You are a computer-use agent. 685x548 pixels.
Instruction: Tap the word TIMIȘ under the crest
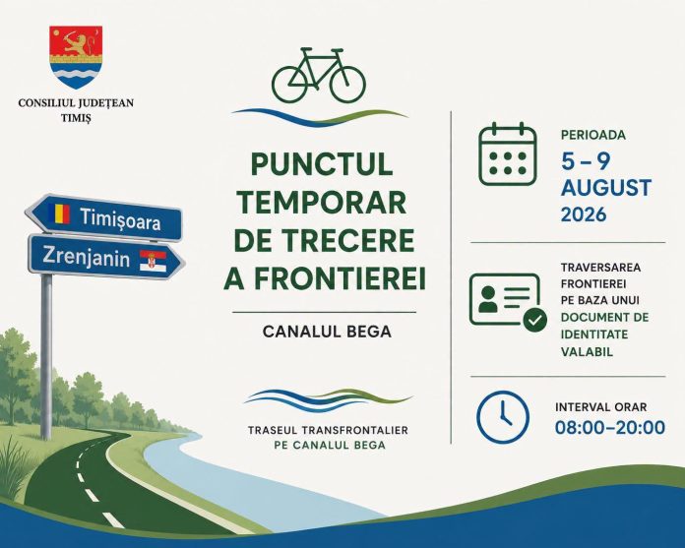tap(76, 118)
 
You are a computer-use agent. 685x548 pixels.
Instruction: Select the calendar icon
tap(508, 154)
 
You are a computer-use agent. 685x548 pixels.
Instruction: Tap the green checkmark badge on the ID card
tap(535, 320)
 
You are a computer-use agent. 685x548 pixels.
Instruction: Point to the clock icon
tap(502, 417)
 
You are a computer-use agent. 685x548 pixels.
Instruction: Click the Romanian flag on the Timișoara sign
tap(58, 213)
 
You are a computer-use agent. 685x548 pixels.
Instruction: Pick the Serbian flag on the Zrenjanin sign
tap(153, 261)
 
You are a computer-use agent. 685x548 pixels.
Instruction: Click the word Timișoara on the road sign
tap(120, 219)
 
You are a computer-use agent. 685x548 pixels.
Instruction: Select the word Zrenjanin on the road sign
tap(86, 256)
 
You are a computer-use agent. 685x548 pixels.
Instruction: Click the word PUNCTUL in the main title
tap(322, 163)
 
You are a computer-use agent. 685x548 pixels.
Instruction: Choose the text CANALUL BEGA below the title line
tap(327, 332)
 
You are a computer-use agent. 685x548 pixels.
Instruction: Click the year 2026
tap(584, 214)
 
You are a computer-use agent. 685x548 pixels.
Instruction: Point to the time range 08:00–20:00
tap(610, 427)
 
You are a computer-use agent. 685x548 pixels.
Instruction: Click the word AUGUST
tap(606, 188)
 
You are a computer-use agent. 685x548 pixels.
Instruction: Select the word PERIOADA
tap(593, 135)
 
